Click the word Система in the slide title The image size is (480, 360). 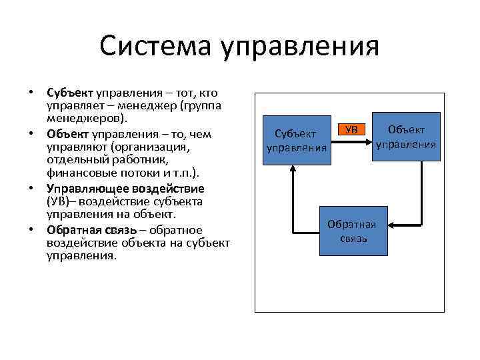[x=155, y=47]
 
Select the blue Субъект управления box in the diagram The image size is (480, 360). [x=297, y=139]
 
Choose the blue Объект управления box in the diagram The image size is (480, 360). [x=405, y=137]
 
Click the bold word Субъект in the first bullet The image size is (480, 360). [x=70, y=93]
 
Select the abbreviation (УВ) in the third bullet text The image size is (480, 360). [x=59, y=202]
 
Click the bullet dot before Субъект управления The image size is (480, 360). [x=31, y=93]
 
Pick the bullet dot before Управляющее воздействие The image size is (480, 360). [x=31, y=189]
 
